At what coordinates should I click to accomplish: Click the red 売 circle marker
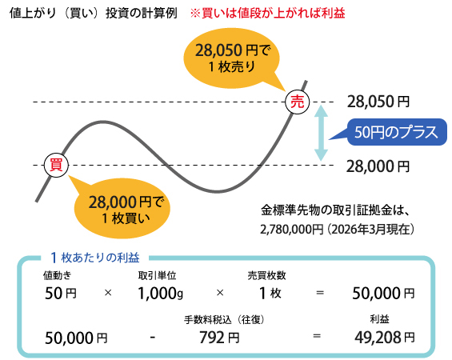pyautogui.click(x=298, y=102)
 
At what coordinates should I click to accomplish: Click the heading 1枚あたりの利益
pyautogui.click(x=94, y=258)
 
